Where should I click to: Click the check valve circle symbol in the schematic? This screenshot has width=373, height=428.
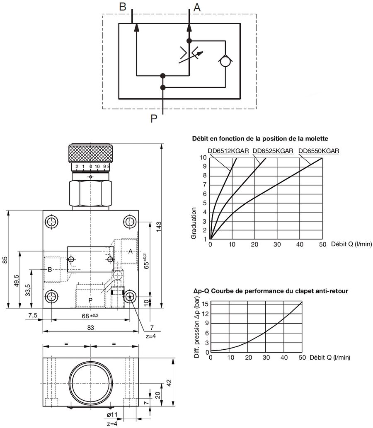226,61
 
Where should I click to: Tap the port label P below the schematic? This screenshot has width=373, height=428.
154,119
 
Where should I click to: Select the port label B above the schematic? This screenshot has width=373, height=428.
122,7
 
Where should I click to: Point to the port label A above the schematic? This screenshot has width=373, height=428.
197,7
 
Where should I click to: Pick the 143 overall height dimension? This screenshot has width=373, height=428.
159,226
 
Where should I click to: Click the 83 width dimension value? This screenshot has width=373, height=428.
90,327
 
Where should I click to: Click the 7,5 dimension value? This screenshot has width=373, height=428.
32,316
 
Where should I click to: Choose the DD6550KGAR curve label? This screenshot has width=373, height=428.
318,151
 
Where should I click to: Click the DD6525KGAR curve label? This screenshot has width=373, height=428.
273,151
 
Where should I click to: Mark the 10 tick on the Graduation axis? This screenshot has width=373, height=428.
203,157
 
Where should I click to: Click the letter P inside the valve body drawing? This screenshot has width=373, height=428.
90,300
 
